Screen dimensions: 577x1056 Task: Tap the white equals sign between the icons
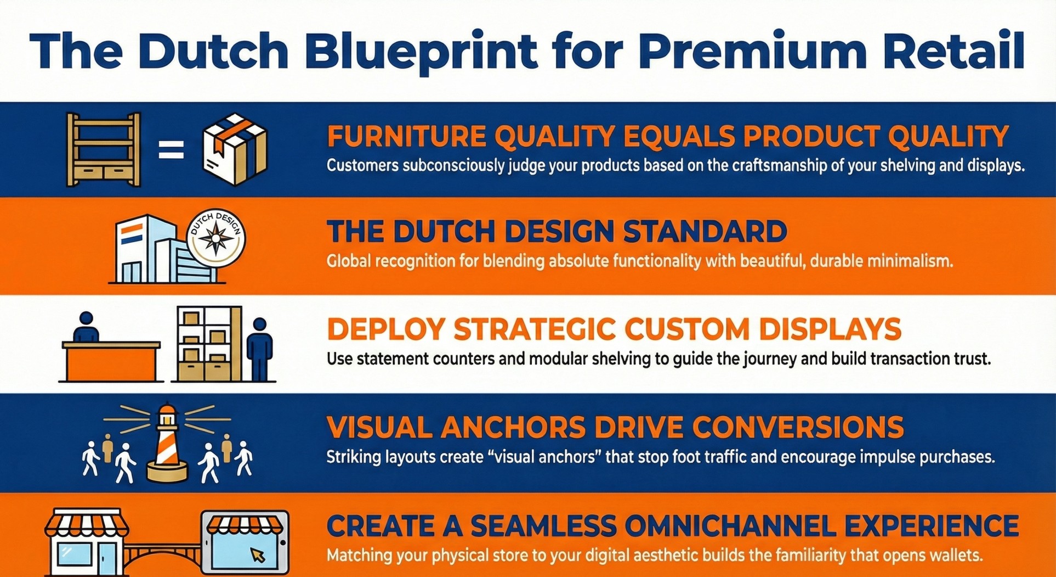171,150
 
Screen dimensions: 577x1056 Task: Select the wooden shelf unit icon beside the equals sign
103,149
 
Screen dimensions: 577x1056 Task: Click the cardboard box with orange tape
235,149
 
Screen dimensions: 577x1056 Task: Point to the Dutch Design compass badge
216,239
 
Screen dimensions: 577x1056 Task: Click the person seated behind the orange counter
86,328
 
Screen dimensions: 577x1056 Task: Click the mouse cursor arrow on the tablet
257,554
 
